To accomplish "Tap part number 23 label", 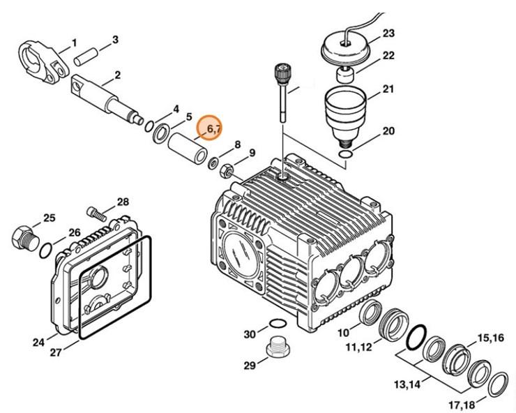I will pos(388,33).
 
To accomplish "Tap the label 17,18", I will pos(466,404).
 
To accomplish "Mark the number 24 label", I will pos(38,342).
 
